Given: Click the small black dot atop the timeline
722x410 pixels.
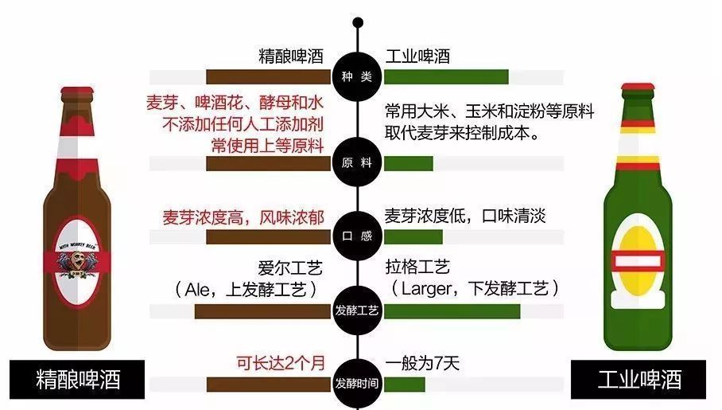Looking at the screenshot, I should coord(358,22).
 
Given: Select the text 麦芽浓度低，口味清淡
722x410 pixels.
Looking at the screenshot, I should coord(465,217).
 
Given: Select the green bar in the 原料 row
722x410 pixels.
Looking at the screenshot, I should coord(409,163).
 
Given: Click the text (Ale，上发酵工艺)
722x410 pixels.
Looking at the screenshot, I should coord(246,287).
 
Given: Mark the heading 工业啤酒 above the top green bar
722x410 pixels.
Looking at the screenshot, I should coord(418,57).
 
